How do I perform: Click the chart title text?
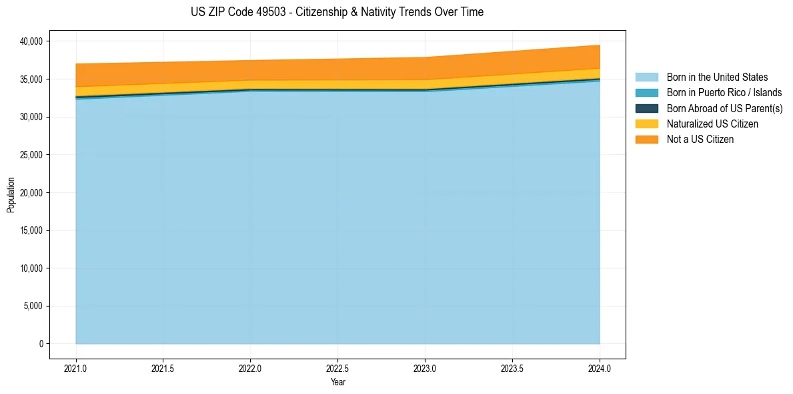pyautogui.click(x=337, y=12)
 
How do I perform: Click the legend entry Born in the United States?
pyautogui.click(x=717, y=77)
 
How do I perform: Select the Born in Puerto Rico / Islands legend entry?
pyautogui.click(x=724, y=93)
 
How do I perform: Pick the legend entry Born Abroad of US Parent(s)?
pyautogui.click(x=724, y=108)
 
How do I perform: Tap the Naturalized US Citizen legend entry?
pyautogui.click(x=712, y=124)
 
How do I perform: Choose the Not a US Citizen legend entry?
pyautogui.click(x=700, y=140)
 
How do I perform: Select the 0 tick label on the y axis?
pyautogui.click(x=40, y=344)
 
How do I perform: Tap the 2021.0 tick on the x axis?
pyautogui.click(x=76, y=368)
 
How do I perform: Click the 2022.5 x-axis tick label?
pyautogui.click(x=337, y=368)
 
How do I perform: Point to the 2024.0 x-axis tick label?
pyautogui.click(x=600, y=368)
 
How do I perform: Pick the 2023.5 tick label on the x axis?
pyautogui.click(x=512, y=368)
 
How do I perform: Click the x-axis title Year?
pyautogui.click(x=337, y=383)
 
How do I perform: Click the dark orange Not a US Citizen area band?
pyautogui.click(x=337, y=69)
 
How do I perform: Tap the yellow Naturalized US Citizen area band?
pyautogui.click(x=337, y=84)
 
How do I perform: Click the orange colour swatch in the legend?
pyautogui.click(x=646, y=140)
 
